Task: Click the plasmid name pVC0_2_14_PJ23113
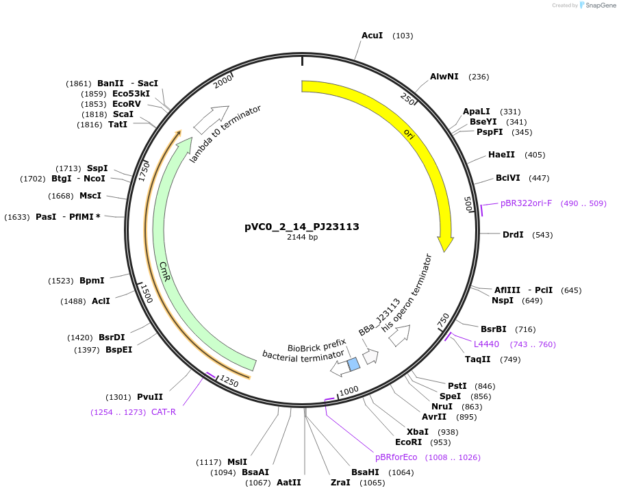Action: point(302,227)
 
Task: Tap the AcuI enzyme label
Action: point(372,35)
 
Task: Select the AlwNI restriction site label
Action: point(444,77)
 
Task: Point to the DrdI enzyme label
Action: point(513,235)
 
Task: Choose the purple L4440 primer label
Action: point(486,344)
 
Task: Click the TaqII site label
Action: point(478,359)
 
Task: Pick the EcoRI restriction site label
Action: point(408,442)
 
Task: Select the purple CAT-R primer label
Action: point(164,412)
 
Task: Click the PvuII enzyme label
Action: point(150,397)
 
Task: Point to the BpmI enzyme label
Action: point(92,281)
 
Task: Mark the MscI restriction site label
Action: point(90,196)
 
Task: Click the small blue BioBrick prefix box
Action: point(353,364)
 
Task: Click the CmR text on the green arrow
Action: point(165,269)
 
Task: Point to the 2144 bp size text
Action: point(302,238)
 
